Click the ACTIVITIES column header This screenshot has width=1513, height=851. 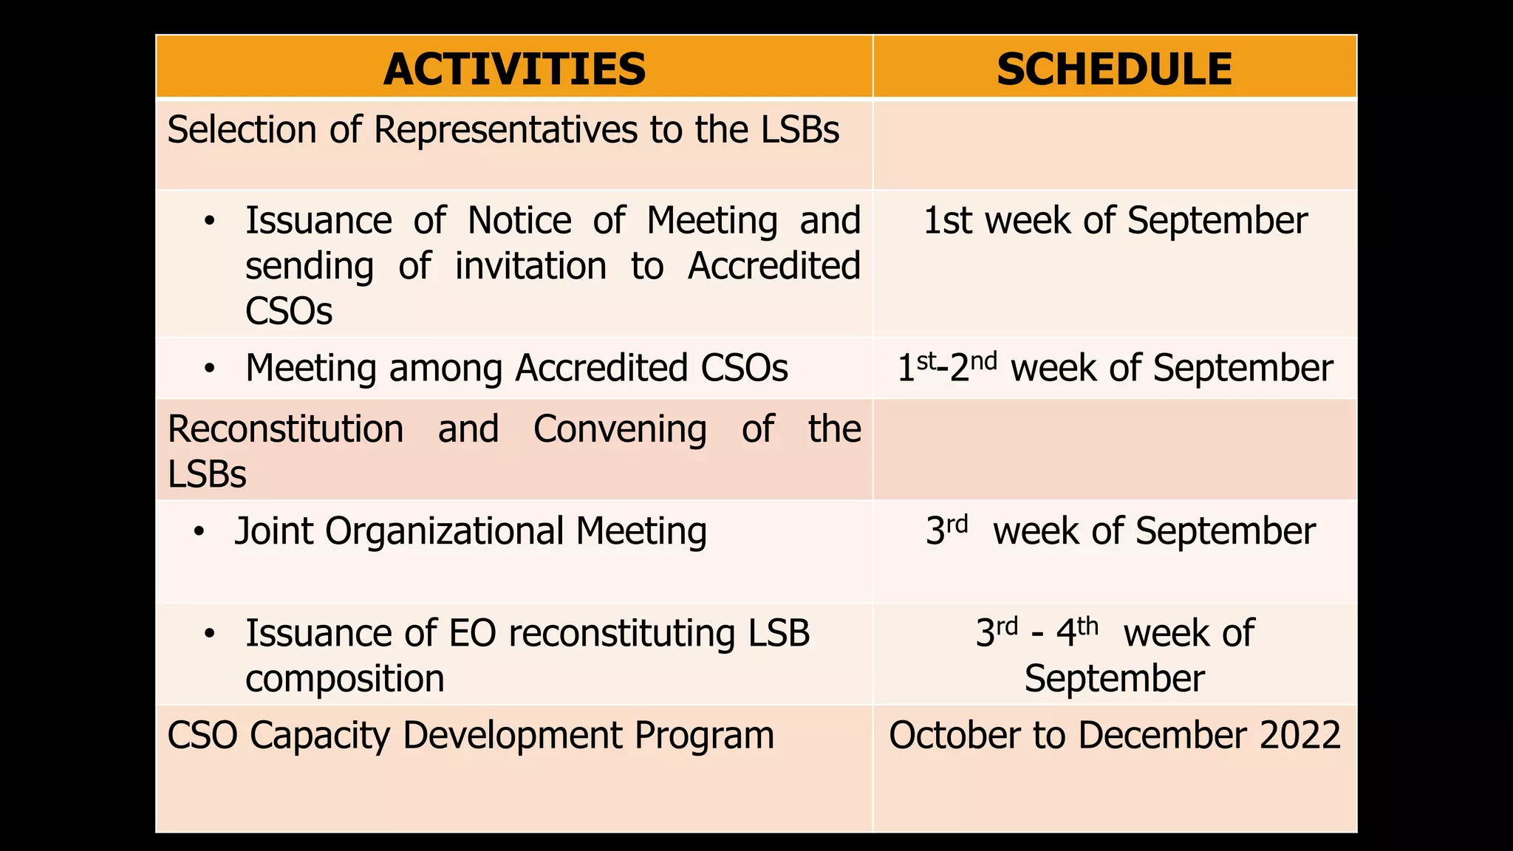click(514, 69)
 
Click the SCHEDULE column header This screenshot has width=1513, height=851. click(1114, 69)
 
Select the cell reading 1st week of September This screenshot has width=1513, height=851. click(1114, 221)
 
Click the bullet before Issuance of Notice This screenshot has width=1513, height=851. click(210, 221)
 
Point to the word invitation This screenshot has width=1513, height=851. click(530, 266)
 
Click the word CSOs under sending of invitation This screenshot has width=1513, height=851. click(289, 311)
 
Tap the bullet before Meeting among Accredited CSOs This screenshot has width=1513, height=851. click(210, 368)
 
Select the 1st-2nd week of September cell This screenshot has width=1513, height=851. click(1114, 368)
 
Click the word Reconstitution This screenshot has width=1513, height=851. click(285, 429)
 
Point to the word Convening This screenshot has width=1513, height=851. click(620, 429)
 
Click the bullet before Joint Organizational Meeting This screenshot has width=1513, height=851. click(199, 532)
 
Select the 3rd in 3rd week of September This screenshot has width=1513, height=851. click(946, 530)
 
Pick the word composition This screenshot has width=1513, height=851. click(344, 679)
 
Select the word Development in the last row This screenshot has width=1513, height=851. click(512, 736)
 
